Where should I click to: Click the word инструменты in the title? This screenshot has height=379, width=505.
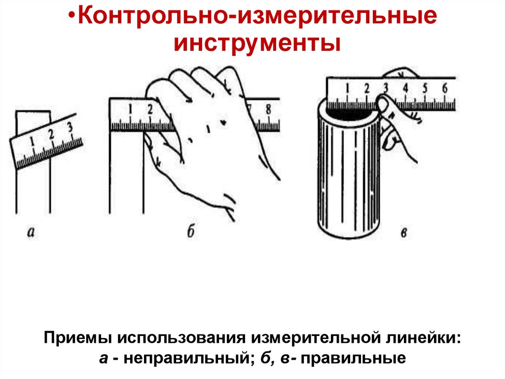coord(257,43)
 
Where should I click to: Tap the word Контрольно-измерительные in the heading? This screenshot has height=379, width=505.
coord(257,16)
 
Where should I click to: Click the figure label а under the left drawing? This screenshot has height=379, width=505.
coord(31,232)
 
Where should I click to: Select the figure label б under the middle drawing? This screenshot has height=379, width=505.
coord(191,231)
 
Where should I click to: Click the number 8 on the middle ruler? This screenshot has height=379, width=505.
coord(268,110)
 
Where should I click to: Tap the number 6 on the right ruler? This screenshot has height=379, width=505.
coord(445,88)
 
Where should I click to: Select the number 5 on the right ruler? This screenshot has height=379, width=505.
coord(425,88)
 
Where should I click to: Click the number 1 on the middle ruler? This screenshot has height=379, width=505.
coord(130,110)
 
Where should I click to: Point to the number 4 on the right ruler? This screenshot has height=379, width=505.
coord(405,88)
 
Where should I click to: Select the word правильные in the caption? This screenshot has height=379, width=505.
coord(353,358)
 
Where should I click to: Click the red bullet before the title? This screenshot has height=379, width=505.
coord(72,17)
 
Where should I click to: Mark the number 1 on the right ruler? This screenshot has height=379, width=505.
coord(347,88)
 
